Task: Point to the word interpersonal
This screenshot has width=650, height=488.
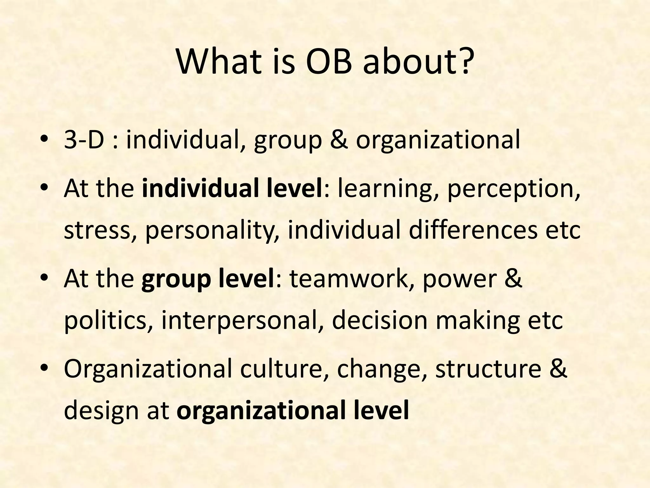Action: (x=243, y=321)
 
